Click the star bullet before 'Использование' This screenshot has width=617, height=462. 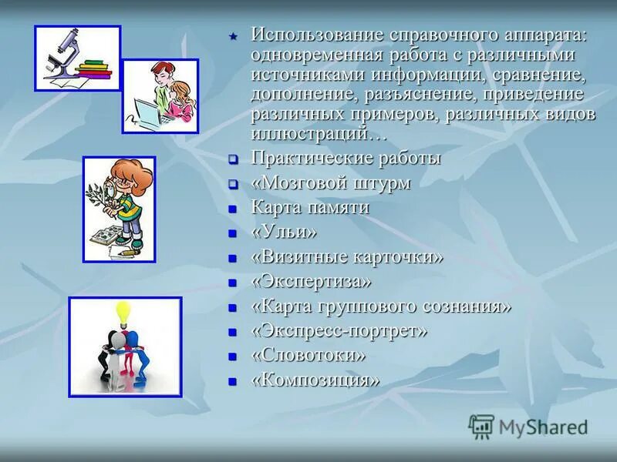pos(233,37)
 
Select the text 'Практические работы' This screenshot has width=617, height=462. pos(346,159)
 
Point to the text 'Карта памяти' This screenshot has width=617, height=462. pos(310,207)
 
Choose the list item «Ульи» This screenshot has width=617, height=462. pos(284,232)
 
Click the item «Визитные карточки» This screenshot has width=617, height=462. pos(347,256)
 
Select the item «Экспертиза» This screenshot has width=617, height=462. pos(311,281)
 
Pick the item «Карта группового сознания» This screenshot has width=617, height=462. pos(381,306)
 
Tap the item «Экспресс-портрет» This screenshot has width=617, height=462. pos(339,330)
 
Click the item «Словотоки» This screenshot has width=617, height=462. pos(308,355)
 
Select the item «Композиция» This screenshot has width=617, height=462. pos(315,380)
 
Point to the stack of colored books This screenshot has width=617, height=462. pos(95,72)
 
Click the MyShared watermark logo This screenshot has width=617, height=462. pos(528,426)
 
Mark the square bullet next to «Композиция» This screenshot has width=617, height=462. pos(232,380)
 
